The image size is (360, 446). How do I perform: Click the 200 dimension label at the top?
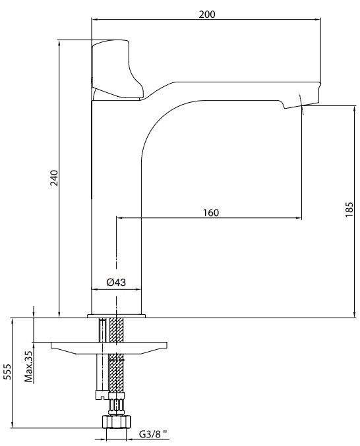coord(207,14)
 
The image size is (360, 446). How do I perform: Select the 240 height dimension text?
coord(54,178)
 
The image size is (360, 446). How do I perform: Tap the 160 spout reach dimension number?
coord(211,213)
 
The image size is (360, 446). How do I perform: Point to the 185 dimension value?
coord(349,209)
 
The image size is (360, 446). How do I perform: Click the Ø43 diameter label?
coord(116,282)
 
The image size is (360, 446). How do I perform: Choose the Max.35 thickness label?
coord(28,366)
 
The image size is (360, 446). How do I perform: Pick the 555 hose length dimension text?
coord(7,372)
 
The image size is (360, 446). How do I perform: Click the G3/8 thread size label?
coord(153,434)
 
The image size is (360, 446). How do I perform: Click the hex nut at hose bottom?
coord(117,421)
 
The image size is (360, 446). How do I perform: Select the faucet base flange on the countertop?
coord(117,316)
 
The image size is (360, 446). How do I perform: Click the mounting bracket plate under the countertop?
coord(109,348)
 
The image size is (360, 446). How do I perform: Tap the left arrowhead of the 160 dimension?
coord(119,218)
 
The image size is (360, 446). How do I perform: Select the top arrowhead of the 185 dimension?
coord(354,109)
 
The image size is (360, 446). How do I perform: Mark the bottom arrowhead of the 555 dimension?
coord(12,424)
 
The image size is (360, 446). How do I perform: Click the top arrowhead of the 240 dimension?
coord(59,43)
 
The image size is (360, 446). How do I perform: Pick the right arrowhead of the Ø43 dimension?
coord(138,289)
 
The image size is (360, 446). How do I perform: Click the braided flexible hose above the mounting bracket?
coord(117,330)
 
